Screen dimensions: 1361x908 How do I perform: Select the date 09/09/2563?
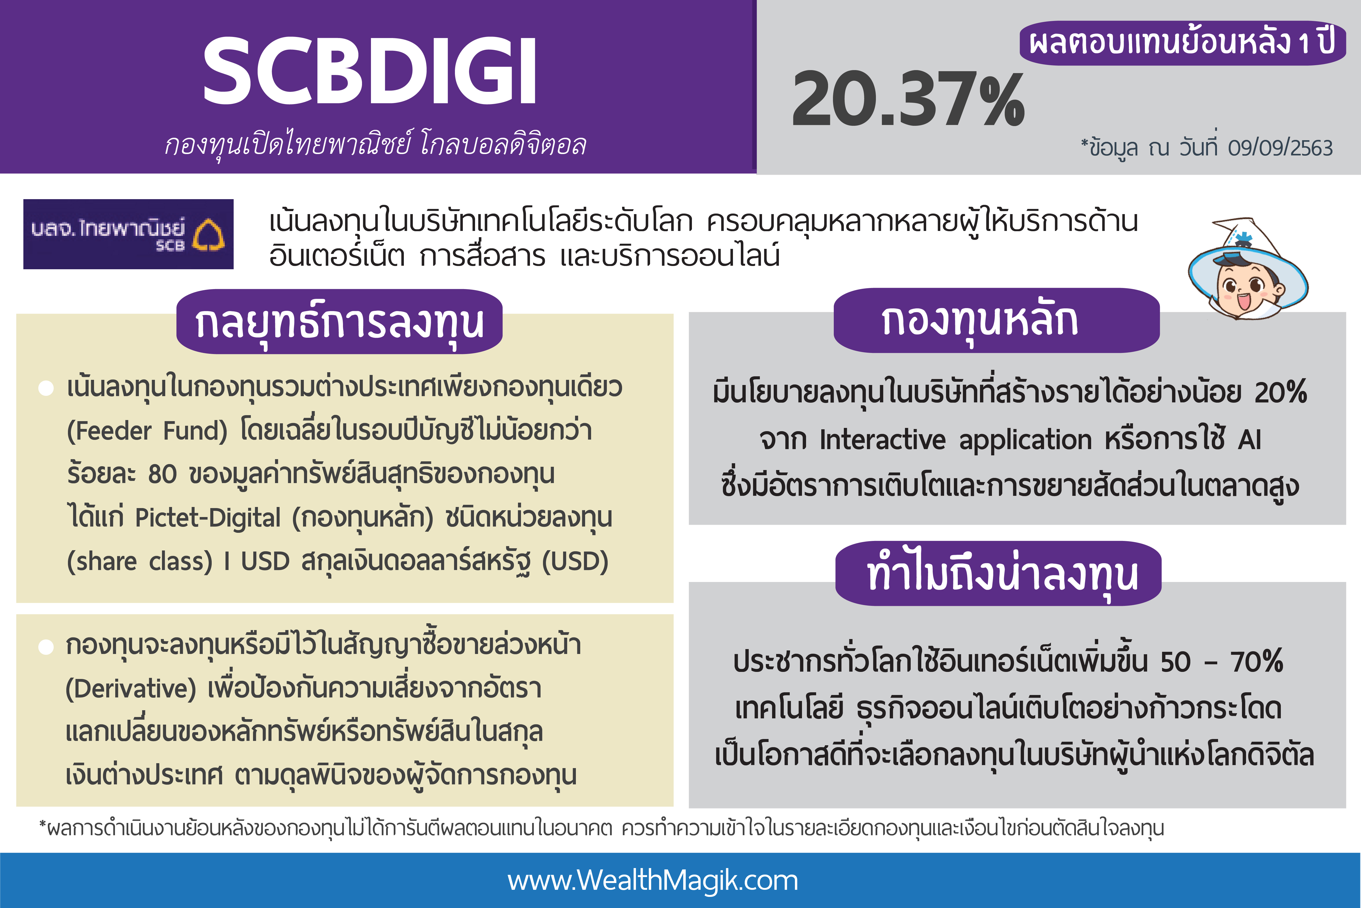coord(1280,148)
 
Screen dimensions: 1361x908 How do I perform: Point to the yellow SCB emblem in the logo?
coord(208,234)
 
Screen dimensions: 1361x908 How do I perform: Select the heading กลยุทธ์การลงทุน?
coord(339,322)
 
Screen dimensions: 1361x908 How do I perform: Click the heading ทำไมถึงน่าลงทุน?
coord(998,573)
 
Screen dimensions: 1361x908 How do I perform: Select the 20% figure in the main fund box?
coord(1281,392)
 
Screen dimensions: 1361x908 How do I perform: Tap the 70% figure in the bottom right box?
coord(1257,661)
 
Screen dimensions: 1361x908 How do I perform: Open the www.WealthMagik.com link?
coord(653,880)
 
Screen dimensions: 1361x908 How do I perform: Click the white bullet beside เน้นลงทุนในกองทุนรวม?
coord(46,388)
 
